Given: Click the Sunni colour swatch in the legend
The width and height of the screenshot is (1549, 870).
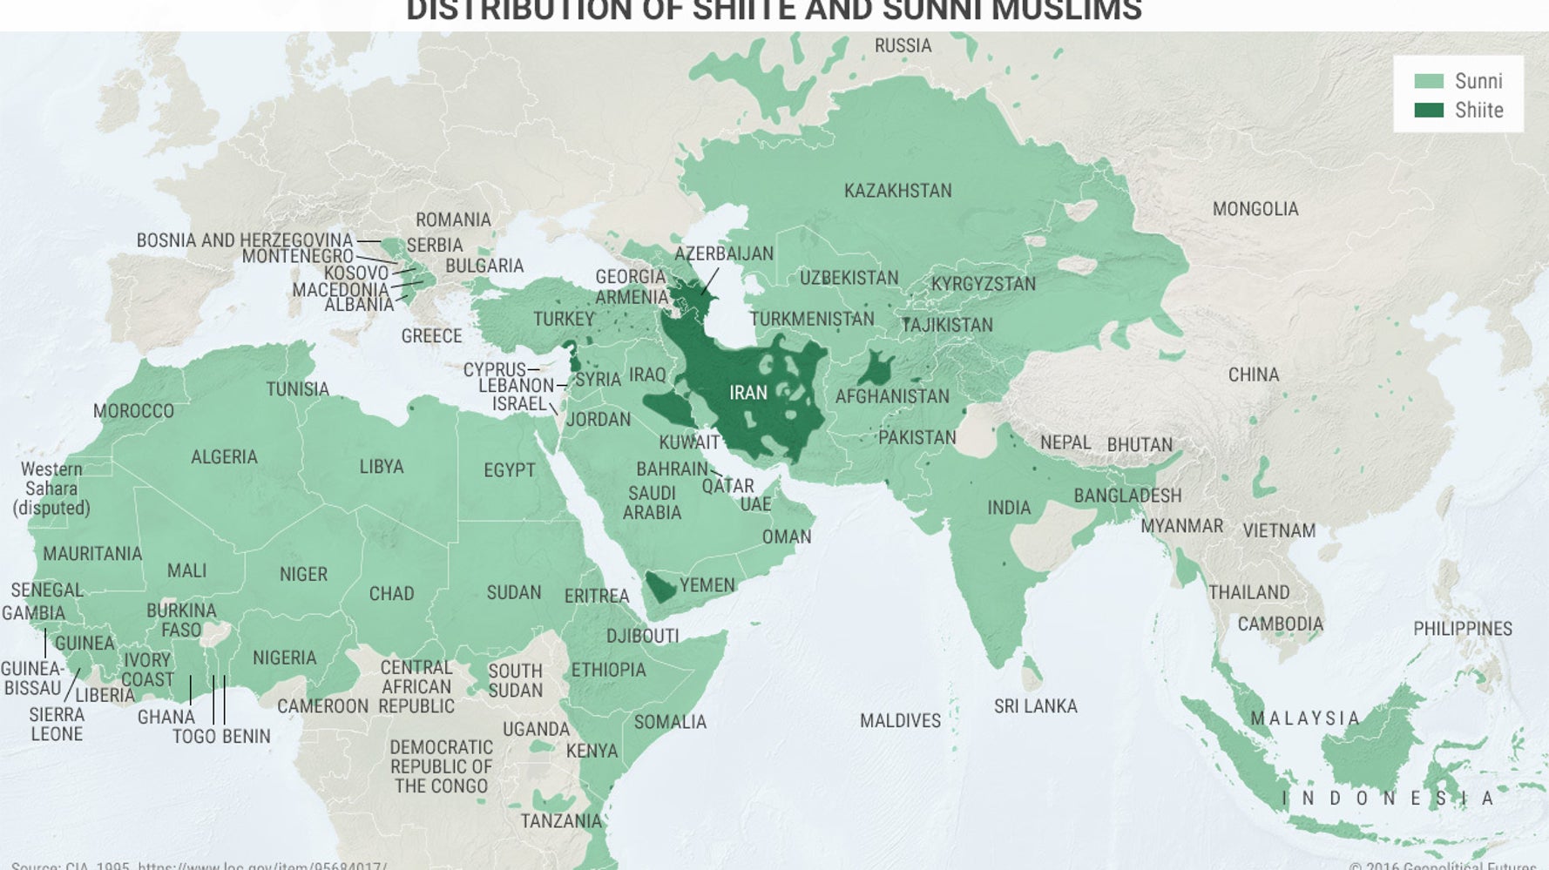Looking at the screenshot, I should pos(1429,81).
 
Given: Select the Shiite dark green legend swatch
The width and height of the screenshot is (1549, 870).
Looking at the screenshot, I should pos(1429,110).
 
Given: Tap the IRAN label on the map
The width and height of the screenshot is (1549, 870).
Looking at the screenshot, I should pos(747,393).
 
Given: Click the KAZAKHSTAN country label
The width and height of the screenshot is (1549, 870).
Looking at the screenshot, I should pos(897,191).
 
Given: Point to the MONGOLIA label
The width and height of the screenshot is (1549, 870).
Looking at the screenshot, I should pos(1255,209).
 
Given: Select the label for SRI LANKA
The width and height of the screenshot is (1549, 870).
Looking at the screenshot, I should pos(1035,706).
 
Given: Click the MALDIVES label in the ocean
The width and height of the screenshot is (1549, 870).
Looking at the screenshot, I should pos(900,721).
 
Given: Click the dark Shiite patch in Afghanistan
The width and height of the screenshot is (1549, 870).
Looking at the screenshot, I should pos(876,370).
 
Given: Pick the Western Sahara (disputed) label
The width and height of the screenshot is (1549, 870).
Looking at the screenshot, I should pos(51,489).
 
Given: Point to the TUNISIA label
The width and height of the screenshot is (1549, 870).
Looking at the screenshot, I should pos(297,389).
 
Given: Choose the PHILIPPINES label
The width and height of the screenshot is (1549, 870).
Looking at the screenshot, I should pos(1462,629).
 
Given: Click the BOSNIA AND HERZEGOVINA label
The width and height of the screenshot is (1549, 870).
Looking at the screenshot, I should pos(244,240).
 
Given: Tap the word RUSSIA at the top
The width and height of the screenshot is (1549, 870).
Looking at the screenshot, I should pos(903,45).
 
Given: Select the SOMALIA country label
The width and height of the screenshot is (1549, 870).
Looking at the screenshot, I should pos(670,722).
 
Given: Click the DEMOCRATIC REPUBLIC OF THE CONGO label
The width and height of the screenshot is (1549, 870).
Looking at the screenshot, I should pos(441,766).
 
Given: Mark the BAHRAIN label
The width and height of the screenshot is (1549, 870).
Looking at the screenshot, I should pos(671,469).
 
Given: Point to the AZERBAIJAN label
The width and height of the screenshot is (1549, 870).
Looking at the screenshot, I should pos(723,253).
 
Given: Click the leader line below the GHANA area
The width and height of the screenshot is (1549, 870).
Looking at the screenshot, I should pos(190,690).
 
